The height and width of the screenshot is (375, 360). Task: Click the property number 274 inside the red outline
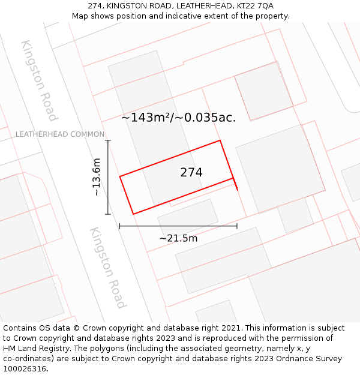tap(191, 173)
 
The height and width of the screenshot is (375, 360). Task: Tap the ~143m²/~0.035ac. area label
tap(178, 118)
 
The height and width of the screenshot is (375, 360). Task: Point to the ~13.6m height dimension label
tap(97, 177)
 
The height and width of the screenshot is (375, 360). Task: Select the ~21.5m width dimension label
tap(178, 238)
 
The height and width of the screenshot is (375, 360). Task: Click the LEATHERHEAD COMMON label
tap(60, 134)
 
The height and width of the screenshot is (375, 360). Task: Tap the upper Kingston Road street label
tap(40, 80)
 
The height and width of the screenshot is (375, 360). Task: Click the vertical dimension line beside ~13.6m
tap(108, 177)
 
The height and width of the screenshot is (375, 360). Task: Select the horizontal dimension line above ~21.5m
tap(178, 226)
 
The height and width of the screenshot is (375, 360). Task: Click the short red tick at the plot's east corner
tap(235, 184)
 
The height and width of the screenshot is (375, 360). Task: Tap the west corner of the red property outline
tap(120, 176)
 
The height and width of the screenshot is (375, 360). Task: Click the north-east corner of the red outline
tap(220, 140)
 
